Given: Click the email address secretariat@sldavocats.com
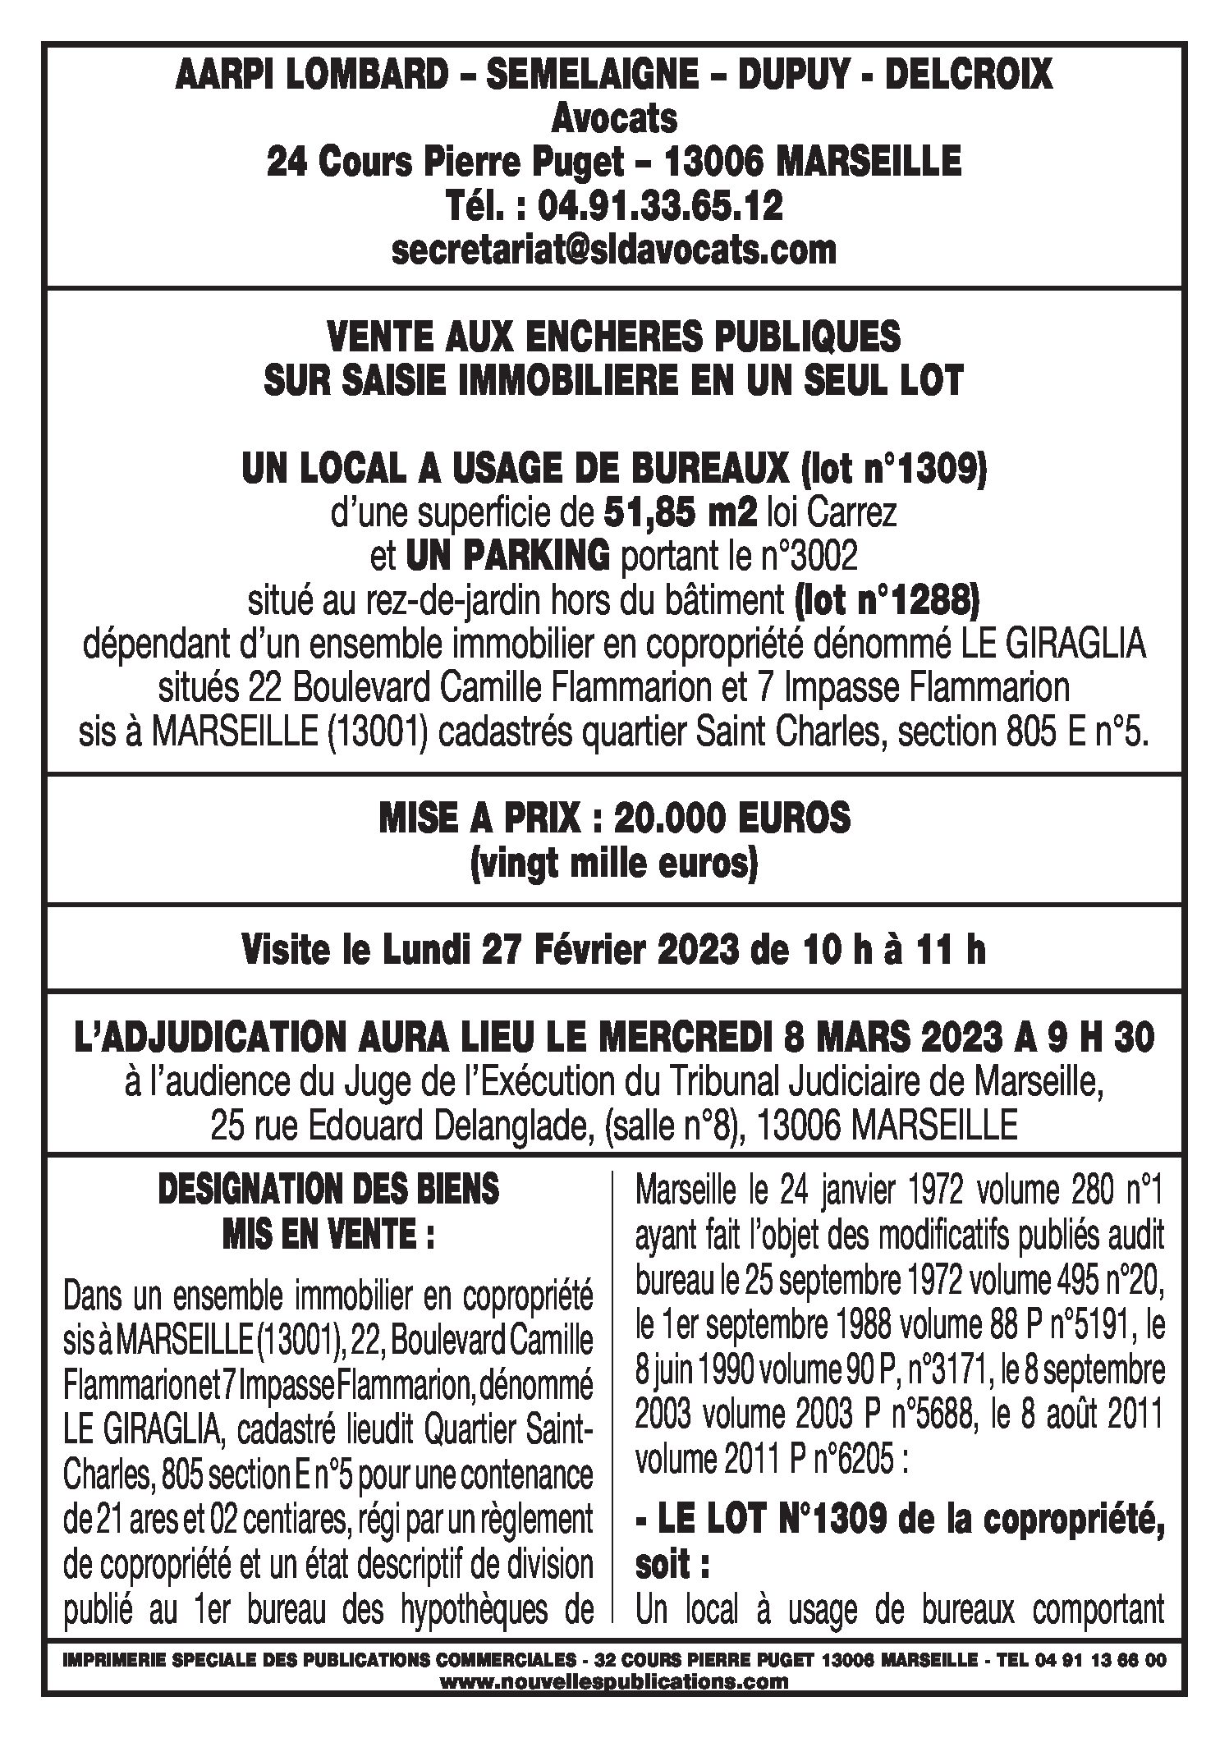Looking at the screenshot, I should pos(614,250).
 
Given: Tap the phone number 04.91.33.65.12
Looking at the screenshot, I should pos(660,206).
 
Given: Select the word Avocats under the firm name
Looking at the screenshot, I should pos(614,119).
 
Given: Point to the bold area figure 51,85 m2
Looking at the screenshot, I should pos(680,514).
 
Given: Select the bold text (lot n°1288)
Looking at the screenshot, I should pos(887,603).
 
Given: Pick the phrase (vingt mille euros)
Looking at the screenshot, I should pos(614,864).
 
